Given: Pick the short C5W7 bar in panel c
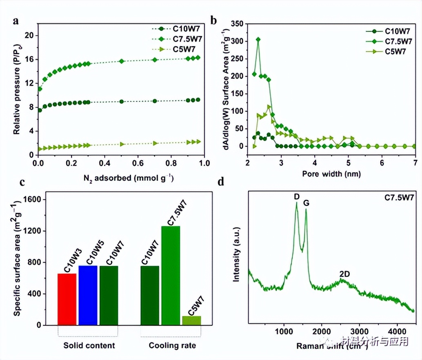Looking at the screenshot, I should coord(191,320).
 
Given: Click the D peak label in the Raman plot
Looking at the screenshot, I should coord(297,197).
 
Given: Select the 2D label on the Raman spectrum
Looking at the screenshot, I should coord(345,274).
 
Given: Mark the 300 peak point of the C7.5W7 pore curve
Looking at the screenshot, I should coord(258,40).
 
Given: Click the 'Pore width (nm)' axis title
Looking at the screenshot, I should coord(332,173).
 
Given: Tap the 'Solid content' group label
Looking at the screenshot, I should coord(89,346).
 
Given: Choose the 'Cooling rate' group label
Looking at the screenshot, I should coord(172,346).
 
